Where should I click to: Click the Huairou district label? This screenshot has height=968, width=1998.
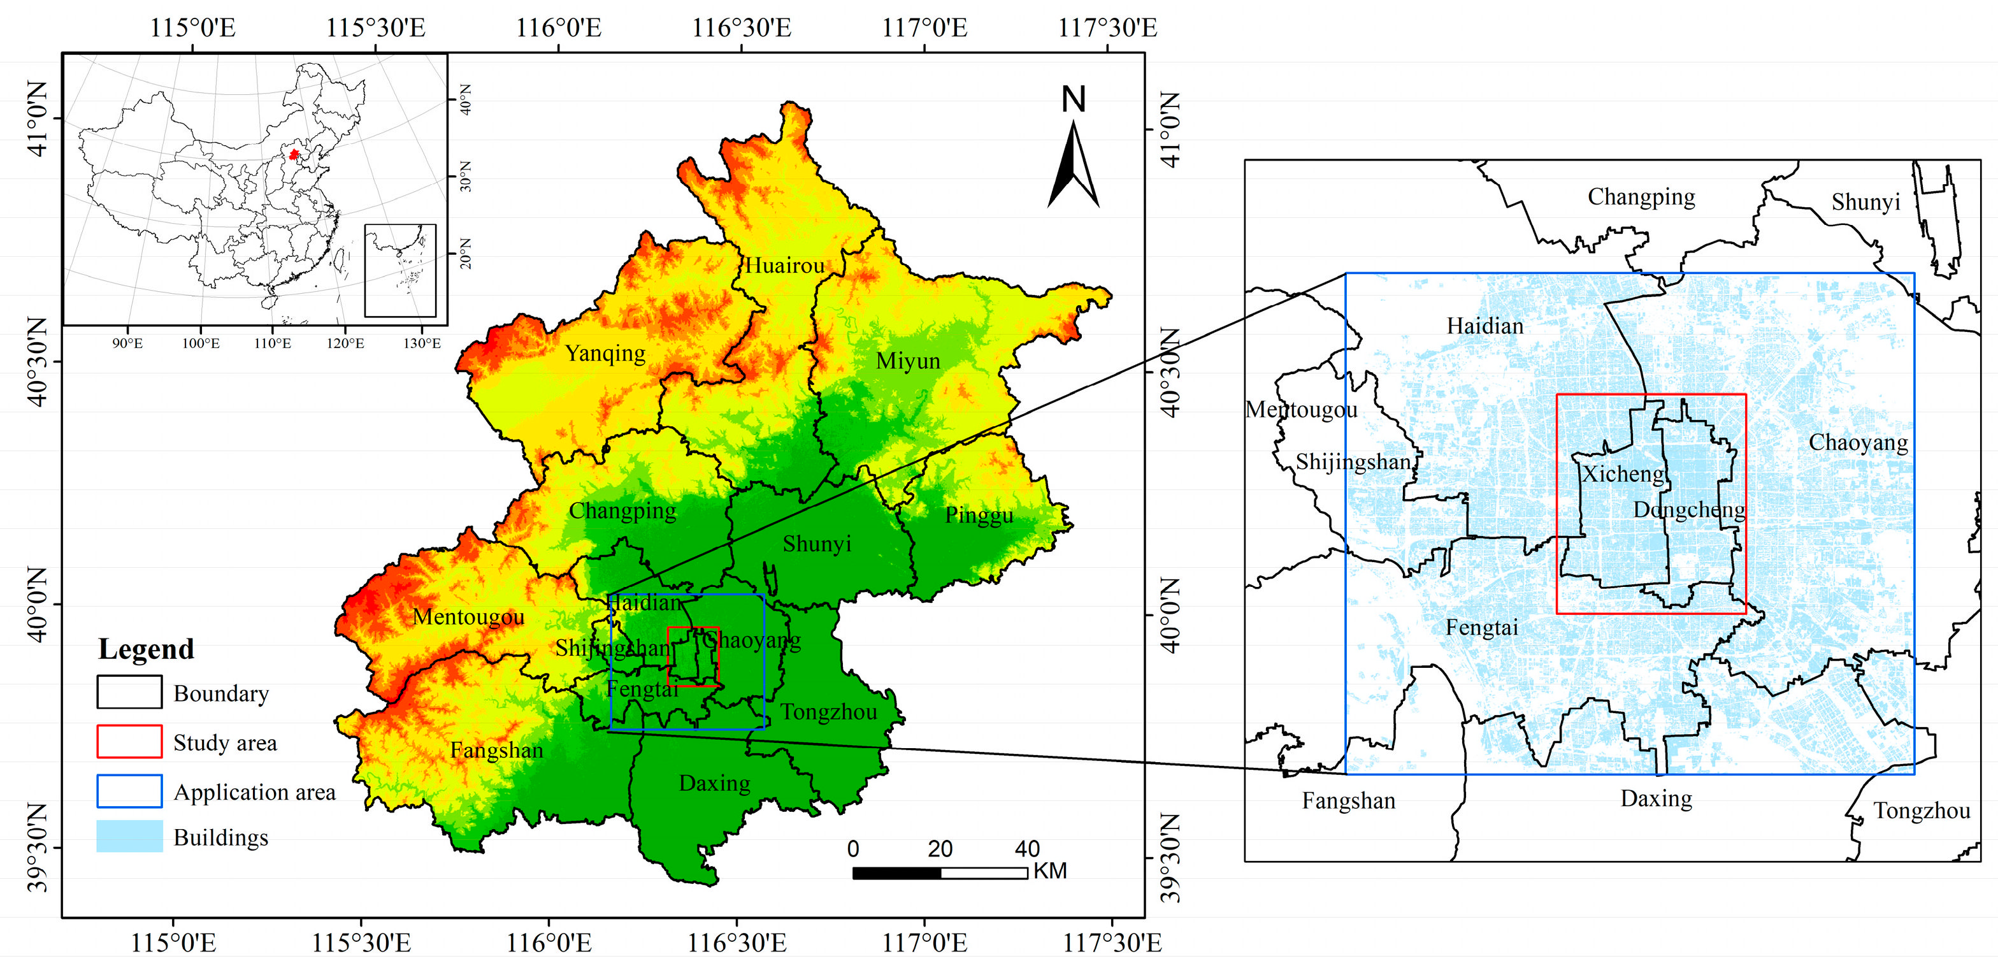[x=784, y=266]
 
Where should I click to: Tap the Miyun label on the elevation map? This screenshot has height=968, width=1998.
[x=907, y=361]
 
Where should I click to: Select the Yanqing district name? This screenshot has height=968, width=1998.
[x=605, y=354]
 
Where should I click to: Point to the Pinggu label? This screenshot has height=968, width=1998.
[x=979, y=515]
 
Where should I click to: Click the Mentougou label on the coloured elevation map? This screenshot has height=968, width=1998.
[x=468, y=618]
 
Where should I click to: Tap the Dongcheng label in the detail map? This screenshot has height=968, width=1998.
[x=1689, y=510]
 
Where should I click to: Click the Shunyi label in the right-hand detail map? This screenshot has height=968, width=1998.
[x=1865, y=203]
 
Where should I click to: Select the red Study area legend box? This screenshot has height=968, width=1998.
[x=129, y=742]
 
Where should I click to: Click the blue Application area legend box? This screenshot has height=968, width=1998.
[x=129, y=791]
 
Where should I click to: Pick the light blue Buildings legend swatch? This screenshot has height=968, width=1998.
[x=129, y=837]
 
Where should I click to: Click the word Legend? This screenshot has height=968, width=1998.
[x=146, y=649]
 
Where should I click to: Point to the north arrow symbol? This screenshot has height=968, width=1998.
[x=1074, y=167]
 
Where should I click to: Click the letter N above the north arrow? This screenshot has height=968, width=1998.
[x=1074, y=99]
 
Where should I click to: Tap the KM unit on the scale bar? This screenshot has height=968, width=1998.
[x=1049, y=871]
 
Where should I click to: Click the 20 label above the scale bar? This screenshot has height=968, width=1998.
[x=940, y=849]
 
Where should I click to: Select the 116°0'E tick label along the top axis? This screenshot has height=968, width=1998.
[x=559, y=29]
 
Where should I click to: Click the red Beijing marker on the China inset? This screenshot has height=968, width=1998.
[x=293, y=154]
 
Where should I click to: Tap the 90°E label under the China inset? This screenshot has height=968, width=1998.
[x=127, y=343]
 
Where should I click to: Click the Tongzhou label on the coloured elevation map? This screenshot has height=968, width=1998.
[x=828, y=712]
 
